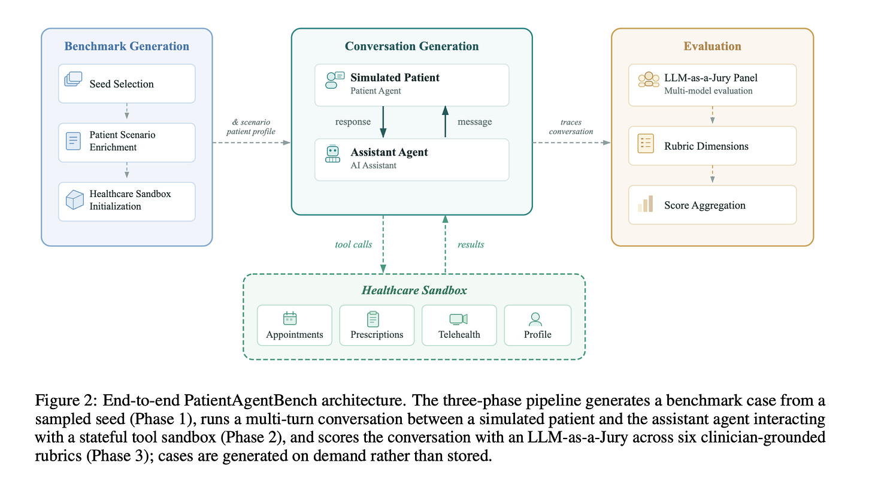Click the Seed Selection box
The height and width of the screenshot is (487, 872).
click(x=126, y=84)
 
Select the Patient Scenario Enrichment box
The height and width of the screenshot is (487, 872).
click(x=126, y=143)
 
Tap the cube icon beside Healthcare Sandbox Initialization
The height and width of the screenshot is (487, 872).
click(x=74, y=200)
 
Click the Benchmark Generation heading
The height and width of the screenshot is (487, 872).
click(x=126, y=46)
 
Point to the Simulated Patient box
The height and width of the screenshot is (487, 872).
click(x=411, y=85)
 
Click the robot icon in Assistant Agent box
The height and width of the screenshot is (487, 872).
click(x=332, y=154)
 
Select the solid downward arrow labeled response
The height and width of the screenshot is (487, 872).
click(x=383, y=122)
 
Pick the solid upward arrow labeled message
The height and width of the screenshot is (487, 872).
click(x=446, y=122)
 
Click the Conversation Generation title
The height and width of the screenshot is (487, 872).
click(x=411, y=46)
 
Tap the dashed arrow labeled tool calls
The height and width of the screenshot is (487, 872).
click(x=383, y=244)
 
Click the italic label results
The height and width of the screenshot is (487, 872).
click(x=471, y=244)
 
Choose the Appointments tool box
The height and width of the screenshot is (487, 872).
click(x=295, y=325)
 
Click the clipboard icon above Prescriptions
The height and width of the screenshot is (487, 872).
click(x=373, y=319)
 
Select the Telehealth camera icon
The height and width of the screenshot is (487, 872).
click(x=459, y=319)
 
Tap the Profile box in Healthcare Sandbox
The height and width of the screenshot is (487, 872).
click(x=538, y=325)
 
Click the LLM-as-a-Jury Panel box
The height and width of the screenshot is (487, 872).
click(x=713, y=85)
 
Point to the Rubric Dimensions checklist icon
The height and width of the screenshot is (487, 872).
click(x=646, y=144)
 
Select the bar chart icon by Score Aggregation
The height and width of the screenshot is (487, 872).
click(x=646, y=204)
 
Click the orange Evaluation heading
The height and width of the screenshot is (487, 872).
click(x=713, y=46)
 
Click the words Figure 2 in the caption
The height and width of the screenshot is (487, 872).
click(x=65, y=401)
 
